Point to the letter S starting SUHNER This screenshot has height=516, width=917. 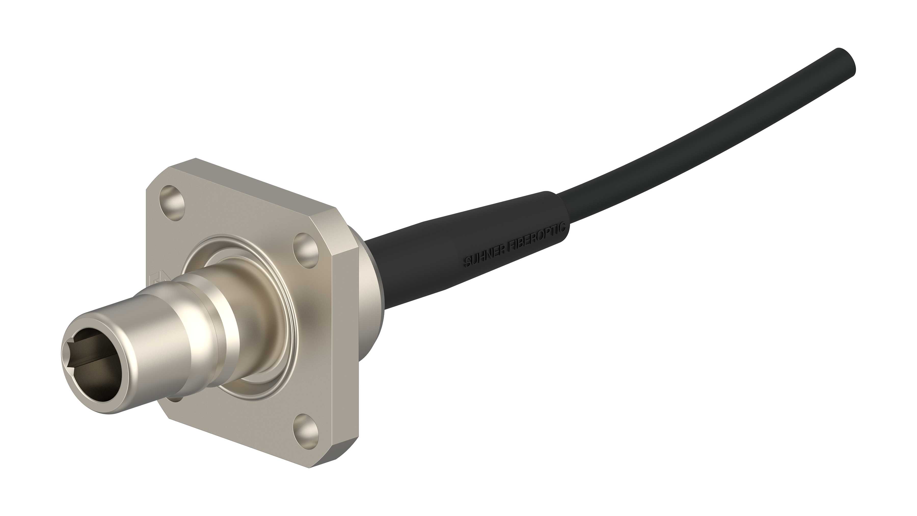pos(466,264)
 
